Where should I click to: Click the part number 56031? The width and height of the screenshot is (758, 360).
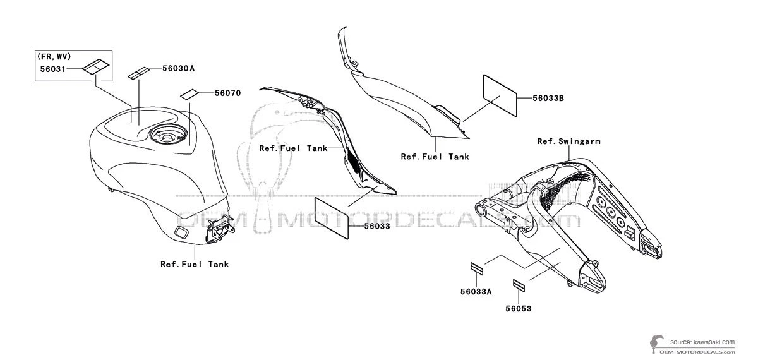[x=53, y=69]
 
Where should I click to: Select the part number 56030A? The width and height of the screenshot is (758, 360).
[x=178, y=68]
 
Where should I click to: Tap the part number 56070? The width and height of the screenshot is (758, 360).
[x=228, y=93]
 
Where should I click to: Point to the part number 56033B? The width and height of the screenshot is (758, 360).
[x=548, y=98]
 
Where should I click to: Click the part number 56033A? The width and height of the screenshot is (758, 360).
[x=476, y=292]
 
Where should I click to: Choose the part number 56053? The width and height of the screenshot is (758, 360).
[x=519, y=309]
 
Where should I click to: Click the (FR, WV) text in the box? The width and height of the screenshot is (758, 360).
[x=54, y=56]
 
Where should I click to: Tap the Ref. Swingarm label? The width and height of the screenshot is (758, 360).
[x=569, y=141]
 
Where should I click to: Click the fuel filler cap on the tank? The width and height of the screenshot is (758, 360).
[x=167, y=135]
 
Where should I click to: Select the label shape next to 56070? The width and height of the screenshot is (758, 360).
[x=189, y=94]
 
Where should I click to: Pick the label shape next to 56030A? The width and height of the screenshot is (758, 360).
[x=139, y=73]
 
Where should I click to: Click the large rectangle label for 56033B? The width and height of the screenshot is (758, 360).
[x=500, y=95]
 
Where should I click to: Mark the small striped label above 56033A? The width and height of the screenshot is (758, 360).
[x=477, y=268]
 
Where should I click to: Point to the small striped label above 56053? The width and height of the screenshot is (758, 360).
[x=519, y=285]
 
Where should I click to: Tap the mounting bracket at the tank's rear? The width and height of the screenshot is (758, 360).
[x=220, y=229]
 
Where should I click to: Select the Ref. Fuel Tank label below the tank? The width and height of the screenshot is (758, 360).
[x=195, y=264]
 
